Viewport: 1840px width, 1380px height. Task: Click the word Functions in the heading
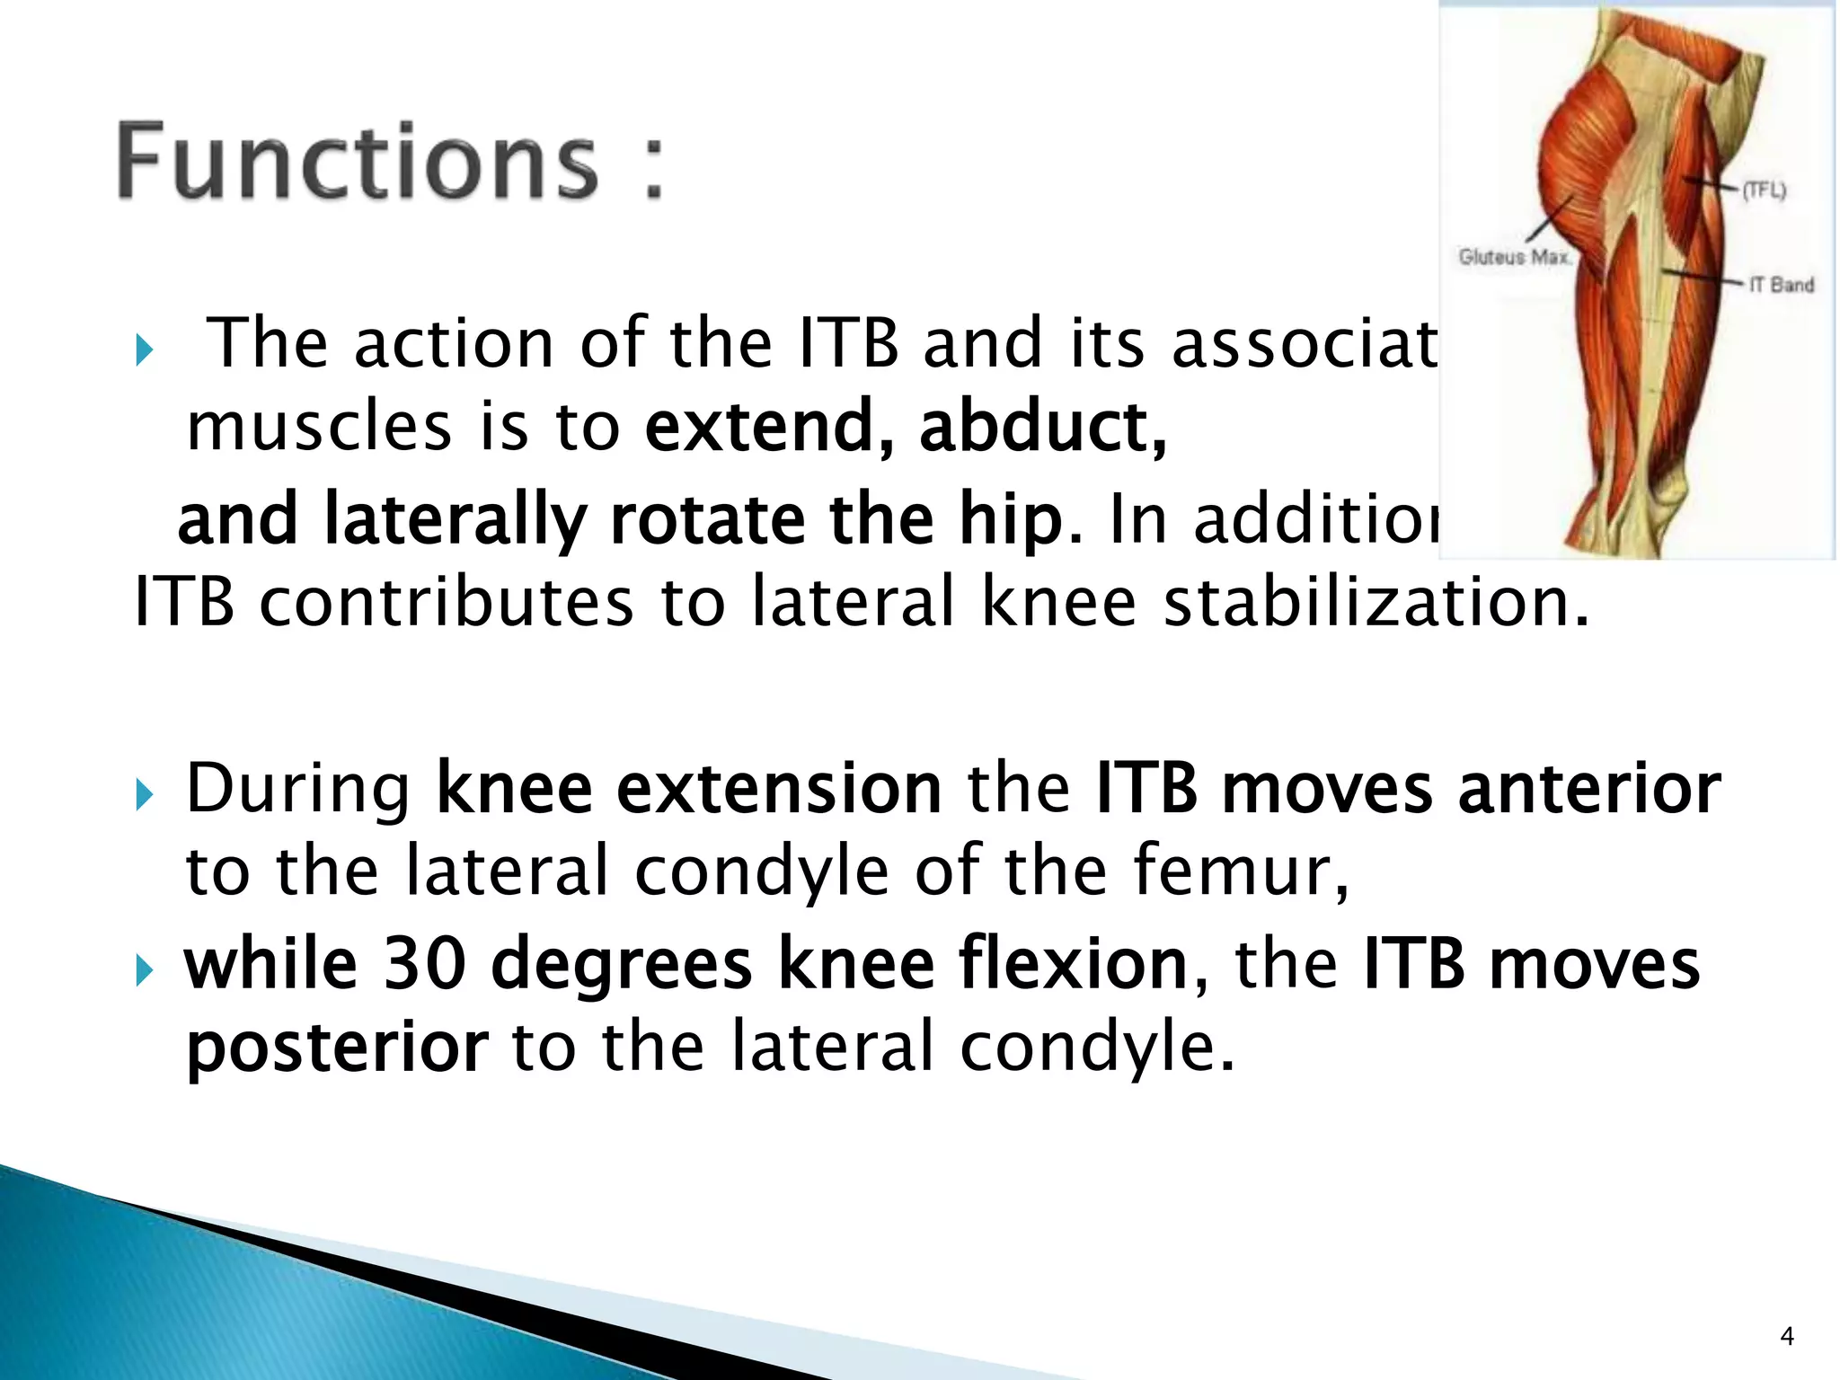(358, 162)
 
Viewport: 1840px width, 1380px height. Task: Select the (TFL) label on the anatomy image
(1764, 190)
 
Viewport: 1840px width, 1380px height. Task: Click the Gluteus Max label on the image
(1514, 257)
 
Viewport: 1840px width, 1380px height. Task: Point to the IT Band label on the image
(1781, 285)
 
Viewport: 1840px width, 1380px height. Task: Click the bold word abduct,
(1042, 427)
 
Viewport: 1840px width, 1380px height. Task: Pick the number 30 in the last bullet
(425, 963)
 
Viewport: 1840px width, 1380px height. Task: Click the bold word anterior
(1588, 789)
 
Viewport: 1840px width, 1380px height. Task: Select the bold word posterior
(337, 1048)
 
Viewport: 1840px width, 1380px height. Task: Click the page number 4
(1786, 1337)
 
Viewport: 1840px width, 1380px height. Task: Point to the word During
(297, 789)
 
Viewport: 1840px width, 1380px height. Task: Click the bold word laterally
(454, 521)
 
